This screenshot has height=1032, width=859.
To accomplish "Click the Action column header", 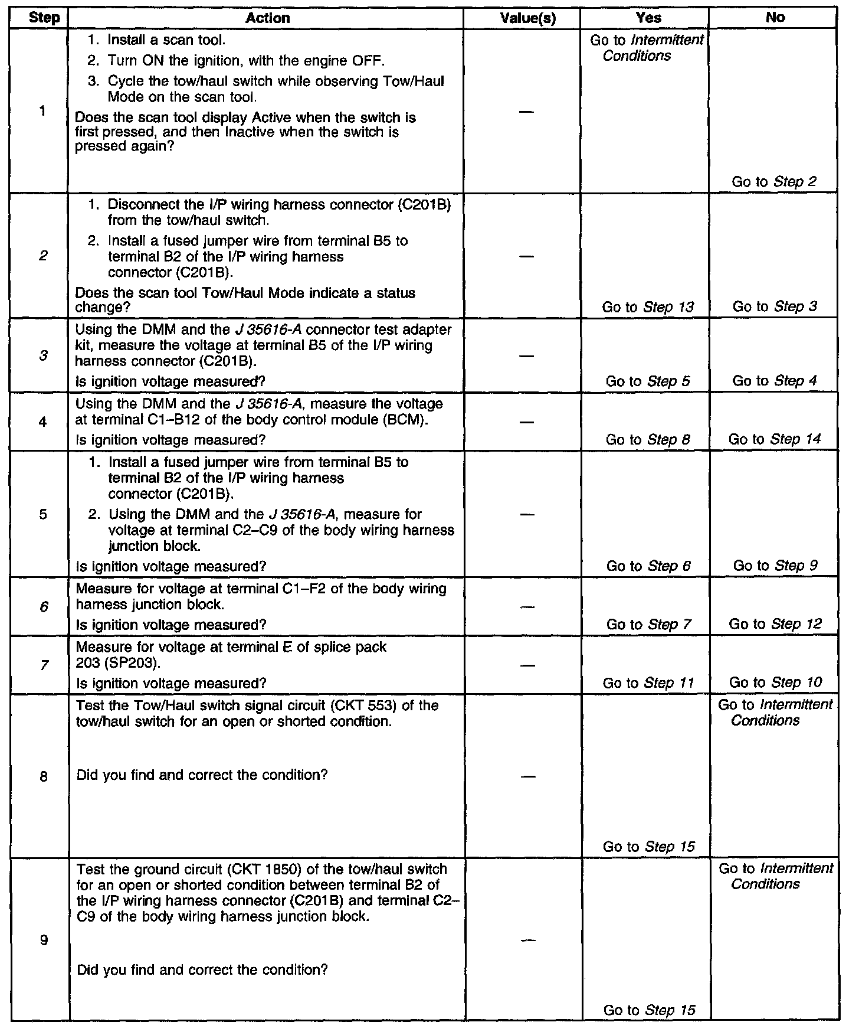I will tap(267, 18).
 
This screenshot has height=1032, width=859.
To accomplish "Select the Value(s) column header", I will tap(527, 18).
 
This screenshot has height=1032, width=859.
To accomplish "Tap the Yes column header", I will tap(649, 18).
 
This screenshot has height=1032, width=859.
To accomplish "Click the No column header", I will tap(775, 18).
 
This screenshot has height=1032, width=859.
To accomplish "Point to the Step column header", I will tap(44, 18).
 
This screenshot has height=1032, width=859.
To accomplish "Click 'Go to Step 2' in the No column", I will tap(774, 182).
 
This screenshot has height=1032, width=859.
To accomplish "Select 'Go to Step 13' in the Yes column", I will tap(648, 307).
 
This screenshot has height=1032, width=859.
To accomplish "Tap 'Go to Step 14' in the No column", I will tap(775, 439).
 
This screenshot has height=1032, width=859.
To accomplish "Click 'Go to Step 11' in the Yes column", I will tap(648, 683).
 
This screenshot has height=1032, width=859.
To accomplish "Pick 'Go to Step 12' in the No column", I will tap(775, 624).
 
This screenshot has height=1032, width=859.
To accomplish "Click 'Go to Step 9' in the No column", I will tap(775, 566).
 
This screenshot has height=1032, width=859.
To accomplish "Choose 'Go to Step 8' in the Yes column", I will tap(648, 439).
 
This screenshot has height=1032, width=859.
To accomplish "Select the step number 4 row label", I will tap(44, 422).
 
